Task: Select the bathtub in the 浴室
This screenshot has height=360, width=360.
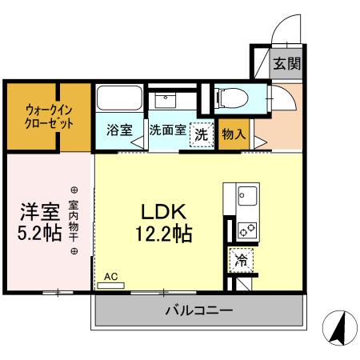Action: [x=119, y=102]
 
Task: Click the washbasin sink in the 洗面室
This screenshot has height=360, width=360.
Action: [x=168, y=101]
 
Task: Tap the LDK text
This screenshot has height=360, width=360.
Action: [x=163, y=212]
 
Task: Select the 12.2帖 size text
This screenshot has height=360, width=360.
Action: [x=164, y=236]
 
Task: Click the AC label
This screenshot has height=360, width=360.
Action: [x=110, y=277]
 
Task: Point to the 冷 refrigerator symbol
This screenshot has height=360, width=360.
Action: [x=240, y=258]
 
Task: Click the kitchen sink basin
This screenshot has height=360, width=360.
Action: [x=246, y=194]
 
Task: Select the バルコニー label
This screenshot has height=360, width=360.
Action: [x=199, y=310]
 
